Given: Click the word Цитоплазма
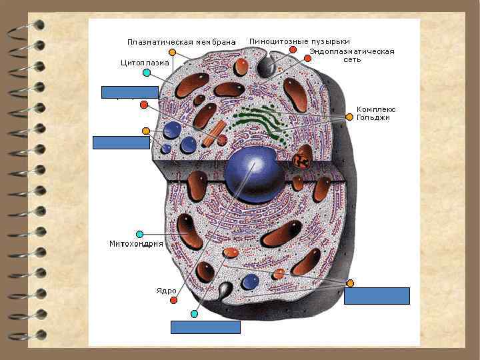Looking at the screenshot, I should coord(141,63).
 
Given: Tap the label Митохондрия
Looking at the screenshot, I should coord(136,244).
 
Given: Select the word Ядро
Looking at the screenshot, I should coord(167,291).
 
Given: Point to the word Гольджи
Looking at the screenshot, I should coord(373,117).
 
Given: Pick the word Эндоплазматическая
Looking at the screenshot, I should coord(352,51).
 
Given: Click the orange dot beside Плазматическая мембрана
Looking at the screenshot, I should coord(172,52).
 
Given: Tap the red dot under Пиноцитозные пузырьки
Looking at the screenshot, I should coord(293,50).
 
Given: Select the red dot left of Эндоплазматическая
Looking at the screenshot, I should coord(308,59).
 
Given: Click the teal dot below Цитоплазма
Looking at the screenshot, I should coord(146,72).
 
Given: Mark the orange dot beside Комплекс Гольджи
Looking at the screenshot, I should coord(349,117).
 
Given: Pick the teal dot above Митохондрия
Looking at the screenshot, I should coord(139,234).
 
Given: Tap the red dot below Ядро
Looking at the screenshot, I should coord(173,301).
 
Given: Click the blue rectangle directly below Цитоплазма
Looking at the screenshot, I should coord(129,92).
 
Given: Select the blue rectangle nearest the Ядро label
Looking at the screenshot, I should coord(205,327).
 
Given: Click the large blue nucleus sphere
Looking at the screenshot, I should coord(254,175).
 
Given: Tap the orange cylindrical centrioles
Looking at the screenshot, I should coord(213,133).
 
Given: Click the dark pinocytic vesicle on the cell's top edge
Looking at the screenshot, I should coord(267,67).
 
